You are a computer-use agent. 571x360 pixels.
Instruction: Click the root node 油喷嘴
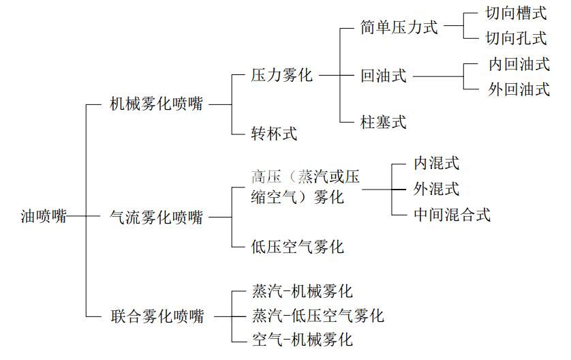(x=44, y=217)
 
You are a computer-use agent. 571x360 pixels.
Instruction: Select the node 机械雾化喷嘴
(x=157, y=104)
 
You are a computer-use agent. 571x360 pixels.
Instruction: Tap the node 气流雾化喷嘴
(x=157, y=217)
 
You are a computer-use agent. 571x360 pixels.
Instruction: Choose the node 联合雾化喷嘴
(x=157, y=316)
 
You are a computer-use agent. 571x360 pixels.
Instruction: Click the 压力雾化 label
(x=282, y=75)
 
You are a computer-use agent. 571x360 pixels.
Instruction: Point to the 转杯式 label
(x=274, y=133)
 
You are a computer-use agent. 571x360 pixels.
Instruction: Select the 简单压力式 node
(x=399, y=27)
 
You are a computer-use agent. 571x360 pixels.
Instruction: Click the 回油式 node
(x=384, y=76)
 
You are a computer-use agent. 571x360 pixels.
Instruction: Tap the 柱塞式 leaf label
(x=384, y=122)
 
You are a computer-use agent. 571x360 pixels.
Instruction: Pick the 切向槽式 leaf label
(x=516, y=14)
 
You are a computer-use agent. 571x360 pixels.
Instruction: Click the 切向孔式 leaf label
(x=516, y=37)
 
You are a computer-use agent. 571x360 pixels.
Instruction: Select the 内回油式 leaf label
(x=519, y=64)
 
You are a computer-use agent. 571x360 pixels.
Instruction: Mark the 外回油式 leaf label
(x=519, y=89)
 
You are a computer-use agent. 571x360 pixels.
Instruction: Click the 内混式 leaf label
(x=437, y=163)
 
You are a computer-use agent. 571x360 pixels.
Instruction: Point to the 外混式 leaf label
(x=437, y=188)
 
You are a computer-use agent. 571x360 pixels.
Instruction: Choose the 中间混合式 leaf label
(x=452, y=214)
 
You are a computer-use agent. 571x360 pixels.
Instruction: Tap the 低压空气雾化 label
(x=298, y=246)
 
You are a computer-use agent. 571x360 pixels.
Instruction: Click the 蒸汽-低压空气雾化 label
(x=318, y=316)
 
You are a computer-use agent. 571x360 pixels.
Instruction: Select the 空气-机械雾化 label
(x=303, y=339)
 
